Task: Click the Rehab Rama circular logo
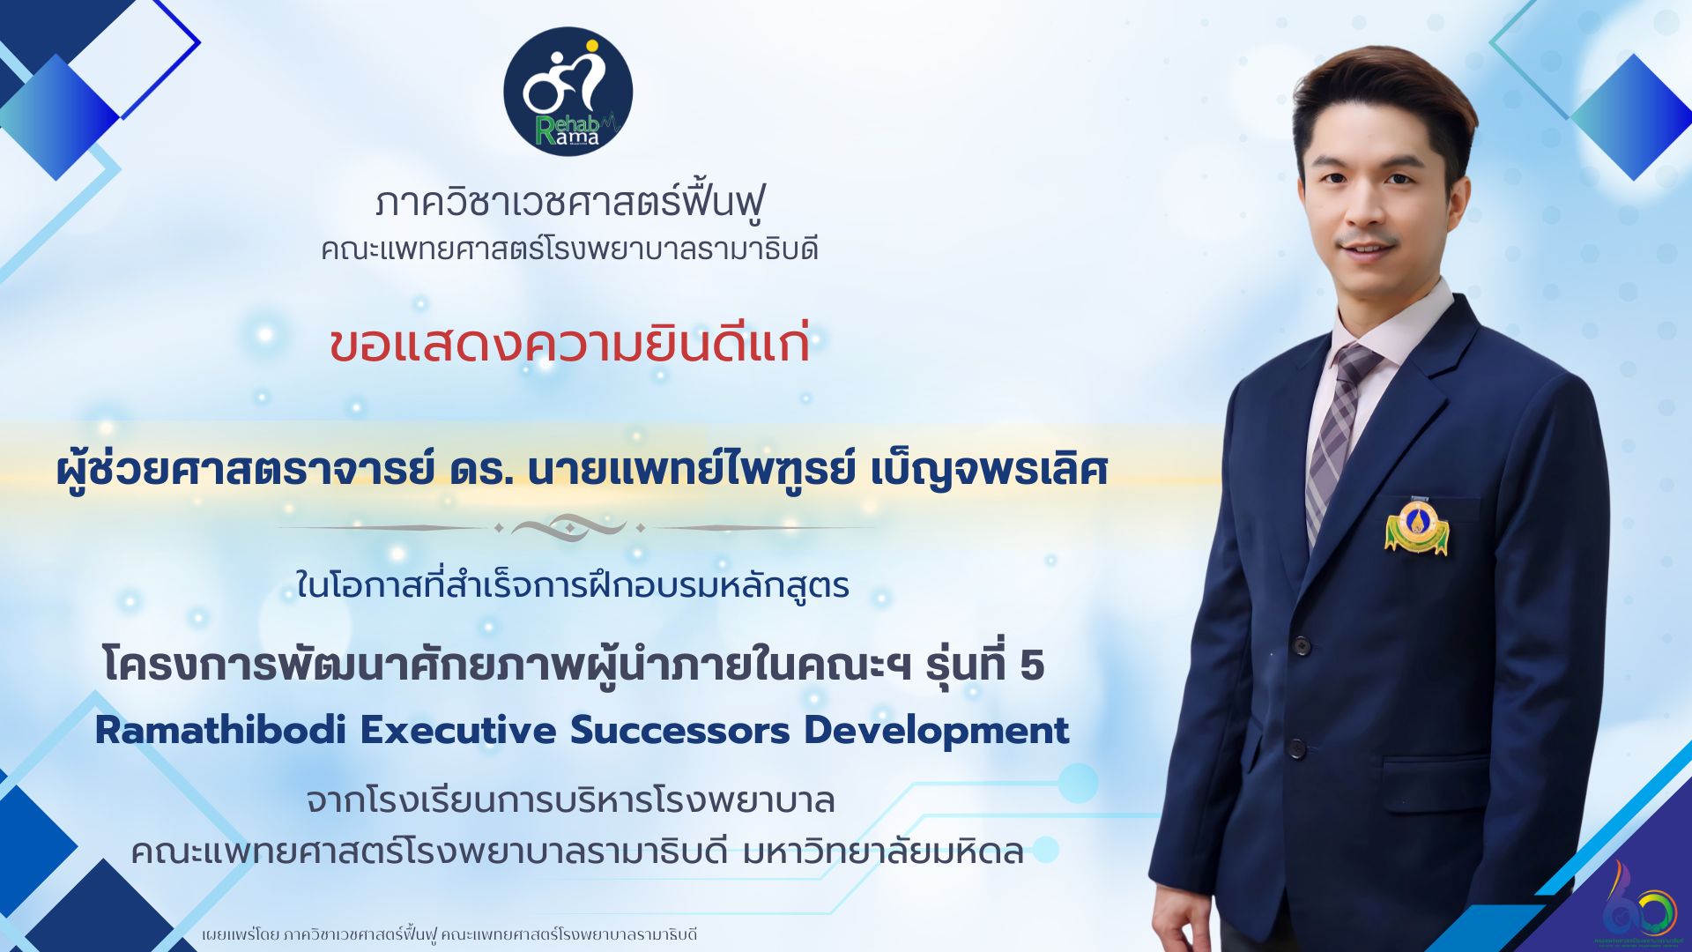tap(568, 91)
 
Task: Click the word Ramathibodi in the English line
tap(219, 731)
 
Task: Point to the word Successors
tap(679, 731)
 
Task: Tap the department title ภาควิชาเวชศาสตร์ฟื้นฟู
tap(569, 202)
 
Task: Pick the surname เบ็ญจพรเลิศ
tap(989, 471)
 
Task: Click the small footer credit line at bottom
tap(449, 934)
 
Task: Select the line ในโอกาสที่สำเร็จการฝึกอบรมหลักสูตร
tap(573, 585)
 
